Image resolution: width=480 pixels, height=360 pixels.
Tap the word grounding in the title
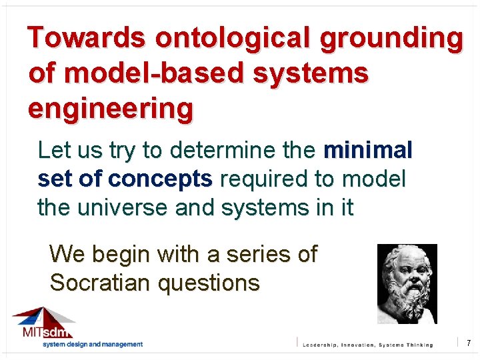coord(391,39)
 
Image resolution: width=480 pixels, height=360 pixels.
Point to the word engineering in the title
coord(111,108)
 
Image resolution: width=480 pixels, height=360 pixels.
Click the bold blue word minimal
coord(368,151)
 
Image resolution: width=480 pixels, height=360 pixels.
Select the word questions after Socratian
coord(209,283)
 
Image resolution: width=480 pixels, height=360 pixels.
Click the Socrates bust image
coord(407,283)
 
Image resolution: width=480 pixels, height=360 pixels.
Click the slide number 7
coord(469,343)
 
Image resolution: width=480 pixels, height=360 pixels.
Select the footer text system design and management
coord(93,344)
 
